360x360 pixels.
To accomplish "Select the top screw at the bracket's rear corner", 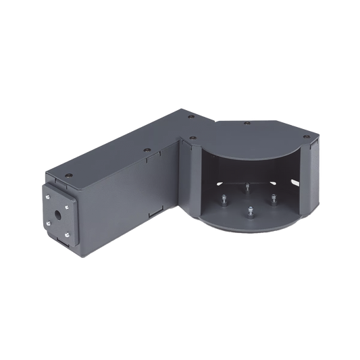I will pyautogui.click(x=190, y=119).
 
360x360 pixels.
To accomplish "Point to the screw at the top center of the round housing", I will pyautogui.click(x=247, y=124).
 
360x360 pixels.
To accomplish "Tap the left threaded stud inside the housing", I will pyautogui.click(x=223, y=200).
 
